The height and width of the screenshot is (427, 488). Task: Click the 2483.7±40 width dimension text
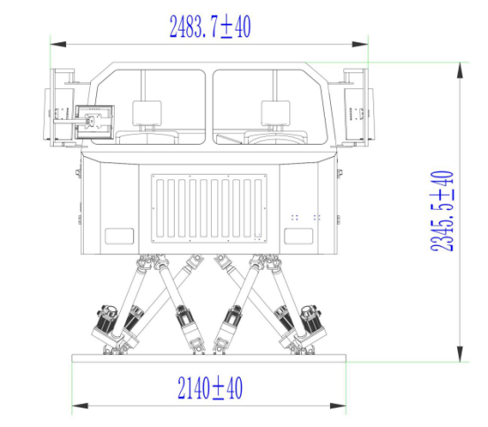(x=210, y=26)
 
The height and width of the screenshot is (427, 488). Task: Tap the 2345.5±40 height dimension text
(x=442, y=211)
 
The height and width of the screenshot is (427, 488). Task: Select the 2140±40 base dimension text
(x=210, y=388)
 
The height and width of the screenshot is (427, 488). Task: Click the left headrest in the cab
(x=146, y=113)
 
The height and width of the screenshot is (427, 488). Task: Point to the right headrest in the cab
(x=275, y=113)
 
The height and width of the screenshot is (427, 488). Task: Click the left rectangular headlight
(x=119, y=236)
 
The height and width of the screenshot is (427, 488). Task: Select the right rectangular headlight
(x=299, y=236)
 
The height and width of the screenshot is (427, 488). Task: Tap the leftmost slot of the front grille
(x=161, y=208)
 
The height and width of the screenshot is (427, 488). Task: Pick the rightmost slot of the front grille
(x=258, y=208)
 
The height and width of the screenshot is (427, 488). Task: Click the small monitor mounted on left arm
(x=94, y=123)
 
